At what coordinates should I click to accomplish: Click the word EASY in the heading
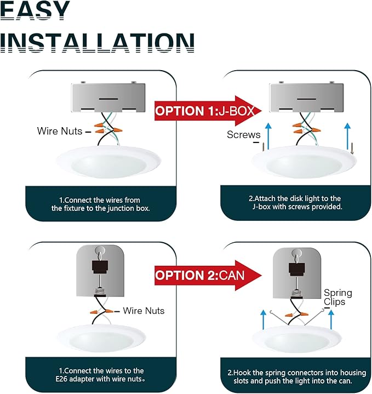click(x=35, y=10)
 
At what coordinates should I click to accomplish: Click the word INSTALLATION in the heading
click(x=97, y=43)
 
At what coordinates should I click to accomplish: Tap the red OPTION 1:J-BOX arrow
click(x=208, y=111)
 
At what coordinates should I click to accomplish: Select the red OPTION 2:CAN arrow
click(x=208, y=276)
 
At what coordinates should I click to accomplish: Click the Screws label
click(x=243, y=135)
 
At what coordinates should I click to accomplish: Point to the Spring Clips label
click(x=337, y=297)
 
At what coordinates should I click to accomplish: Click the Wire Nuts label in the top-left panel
click(x=60, y=131)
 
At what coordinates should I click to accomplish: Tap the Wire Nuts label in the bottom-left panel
click(x=144, y=311)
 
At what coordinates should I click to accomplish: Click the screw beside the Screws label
click(x=264, y=147)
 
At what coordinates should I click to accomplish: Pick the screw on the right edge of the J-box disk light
click(x=352, y=149)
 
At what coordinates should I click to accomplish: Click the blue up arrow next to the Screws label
click(x=268, y=136)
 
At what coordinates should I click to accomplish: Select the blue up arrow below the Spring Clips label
click(x=331, y=319)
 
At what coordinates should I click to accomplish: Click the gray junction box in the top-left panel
click(x=108, y=98)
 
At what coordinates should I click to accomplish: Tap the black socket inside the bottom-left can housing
click(x=100, y=267)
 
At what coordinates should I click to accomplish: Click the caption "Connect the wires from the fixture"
click(x=100, y=204)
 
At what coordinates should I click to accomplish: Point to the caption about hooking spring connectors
click(x=296, y=376)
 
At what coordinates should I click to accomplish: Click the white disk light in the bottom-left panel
click(x=101, y=338)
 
